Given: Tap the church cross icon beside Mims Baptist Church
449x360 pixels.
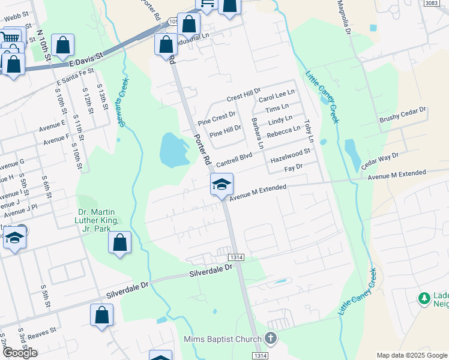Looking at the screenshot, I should [271, 339].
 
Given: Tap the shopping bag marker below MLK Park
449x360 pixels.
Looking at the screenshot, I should [119, 244].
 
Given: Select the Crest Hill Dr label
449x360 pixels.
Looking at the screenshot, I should [244, 95].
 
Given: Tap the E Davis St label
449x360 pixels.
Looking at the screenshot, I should [86, 58].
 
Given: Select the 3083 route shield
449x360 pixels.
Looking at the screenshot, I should [430, 3].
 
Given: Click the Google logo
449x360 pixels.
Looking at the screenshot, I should [19, 353].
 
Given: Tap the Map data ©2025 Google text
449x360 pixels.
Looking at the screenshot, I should [412, 355].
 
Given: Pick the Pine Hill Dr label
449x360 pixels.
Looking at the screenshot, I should [225, 130].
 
